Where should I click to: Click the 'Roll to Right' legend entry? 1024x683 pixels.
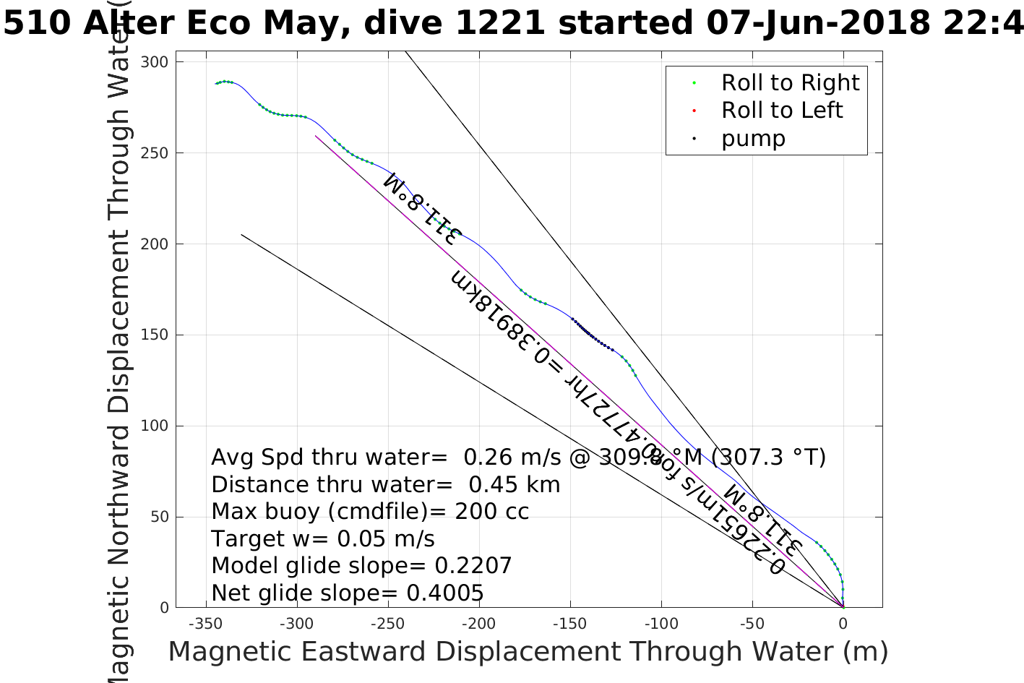tap(790, 83)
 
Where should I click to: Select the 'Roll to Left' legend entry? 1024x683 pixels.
tap(781, 111)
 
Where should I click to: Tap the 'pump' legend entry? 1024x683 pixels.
tap(753, 138)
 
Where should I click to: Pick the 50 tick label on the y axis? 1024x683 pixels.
tap(158, 517)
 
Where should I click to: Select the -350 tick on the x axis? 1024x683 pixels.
tap(205, 624)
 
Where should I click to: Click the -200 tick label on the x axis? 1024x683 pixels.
tap(478, 624)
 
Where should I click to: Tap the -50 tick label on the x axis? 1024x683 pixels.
tap(752, 624)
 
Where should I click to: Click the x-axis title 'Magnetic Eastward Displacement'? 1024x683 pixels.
tap(528, 652)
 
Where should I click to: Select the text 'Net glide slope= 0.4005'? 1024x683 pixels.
tap(347, 593)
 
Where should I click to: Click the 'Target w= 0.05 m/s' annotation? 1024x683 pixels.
tap(323, 539)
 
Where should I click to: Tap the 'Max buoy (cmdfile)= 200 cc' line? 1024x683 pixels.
tap(370, 512)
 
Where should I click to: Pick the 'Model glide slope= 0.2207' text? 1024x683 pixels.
tap(361, 566)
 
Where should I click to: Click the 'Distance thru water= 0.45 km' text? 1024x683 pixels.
tap(385, 484)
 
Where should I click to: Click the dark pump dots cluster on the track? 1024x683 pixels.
tap(593, 336)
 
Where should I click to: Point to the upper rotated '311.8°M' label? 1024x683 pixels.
tap(422, 209)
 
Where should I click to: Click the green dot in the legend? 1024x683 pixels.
tap(694, 83)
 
